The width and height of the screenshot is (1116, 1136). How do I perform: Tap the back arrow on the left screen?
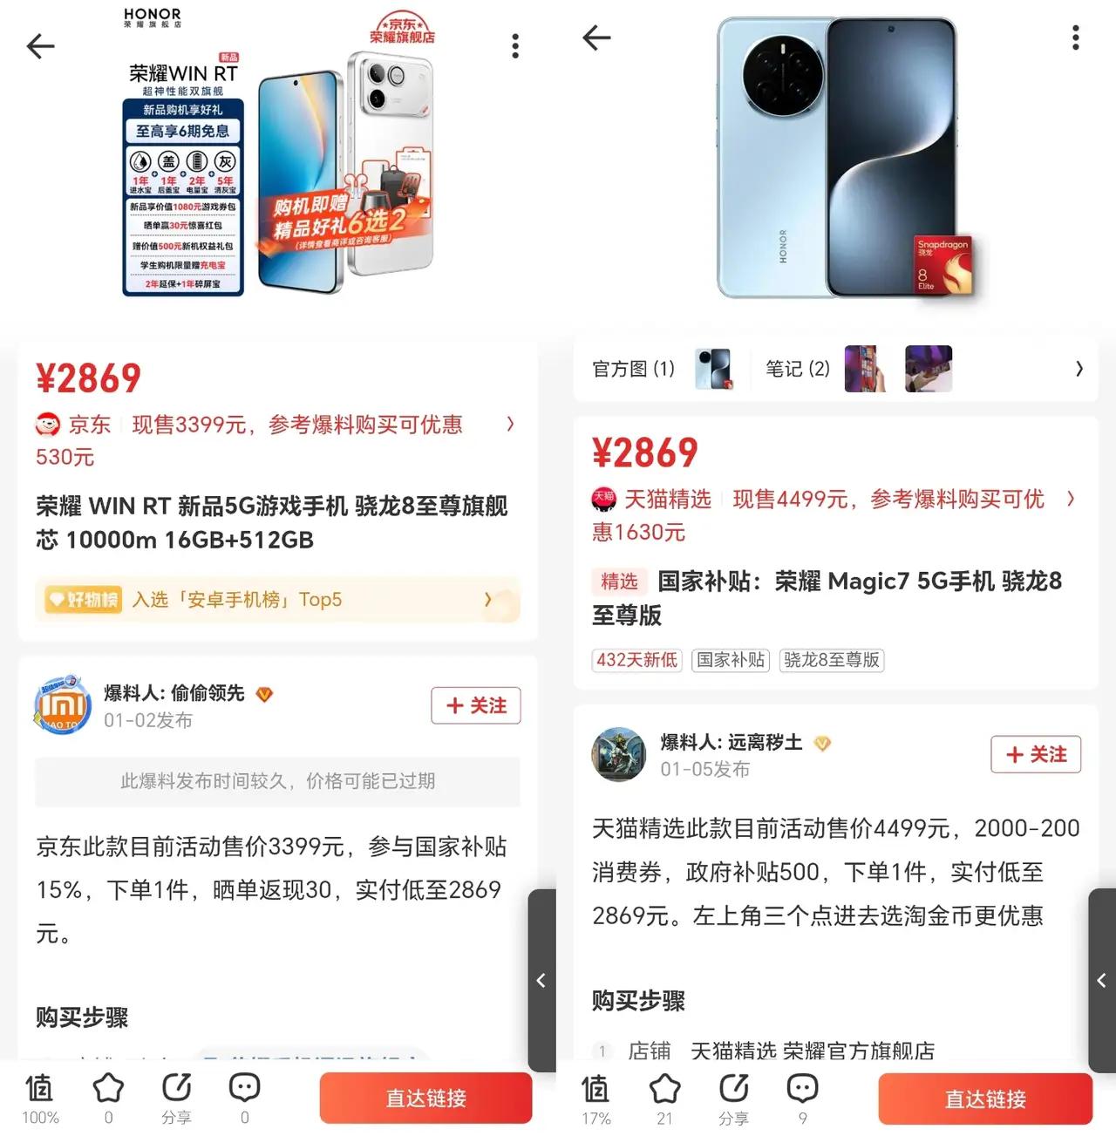[40, 46]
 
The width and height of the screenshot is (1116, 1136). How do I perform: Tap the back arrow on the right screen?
[596, 37]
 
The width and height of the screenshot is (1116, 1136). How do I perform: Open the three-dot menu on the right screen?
[1075, 37]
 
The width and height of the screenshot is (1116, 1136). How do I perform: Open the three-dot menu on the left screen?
[515, 46]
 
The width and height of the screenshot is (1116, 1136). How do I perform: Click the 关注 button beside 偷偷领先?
[476, 705]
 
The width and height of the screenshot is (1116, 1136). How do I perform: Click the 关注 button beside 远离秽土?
[1036, 754]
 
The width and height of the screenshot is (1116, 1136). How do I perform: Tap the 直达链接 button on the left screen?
[425, 1098]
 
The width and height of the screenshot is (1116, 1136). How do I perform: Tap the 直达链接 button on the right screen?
[985, 1099]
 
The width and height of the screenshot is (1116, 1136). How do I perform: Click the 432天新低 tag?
[636, 660]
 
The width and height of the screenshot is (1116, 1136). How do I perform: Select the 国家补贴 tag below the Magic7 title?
[731, 660]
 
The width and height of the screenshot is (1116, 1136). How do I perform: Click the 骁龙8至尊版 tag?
[832, 660]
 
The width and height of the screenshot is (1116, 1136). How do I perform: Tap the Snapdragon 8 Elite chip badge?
[942, 264]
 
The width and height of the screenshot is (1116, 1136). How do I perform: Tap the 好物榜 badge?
[84, 600]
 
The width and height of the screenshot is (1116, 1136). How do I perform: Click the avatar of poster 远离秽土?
[618, 754]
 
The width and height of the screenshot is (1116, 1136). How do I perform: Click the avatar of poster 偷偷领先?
[63, 704]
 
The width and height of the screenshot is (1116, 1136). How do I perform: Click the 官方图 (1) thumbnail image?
[713, 369]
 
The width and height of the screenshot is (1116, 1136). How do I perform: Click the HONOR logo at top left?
[153, 17]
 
